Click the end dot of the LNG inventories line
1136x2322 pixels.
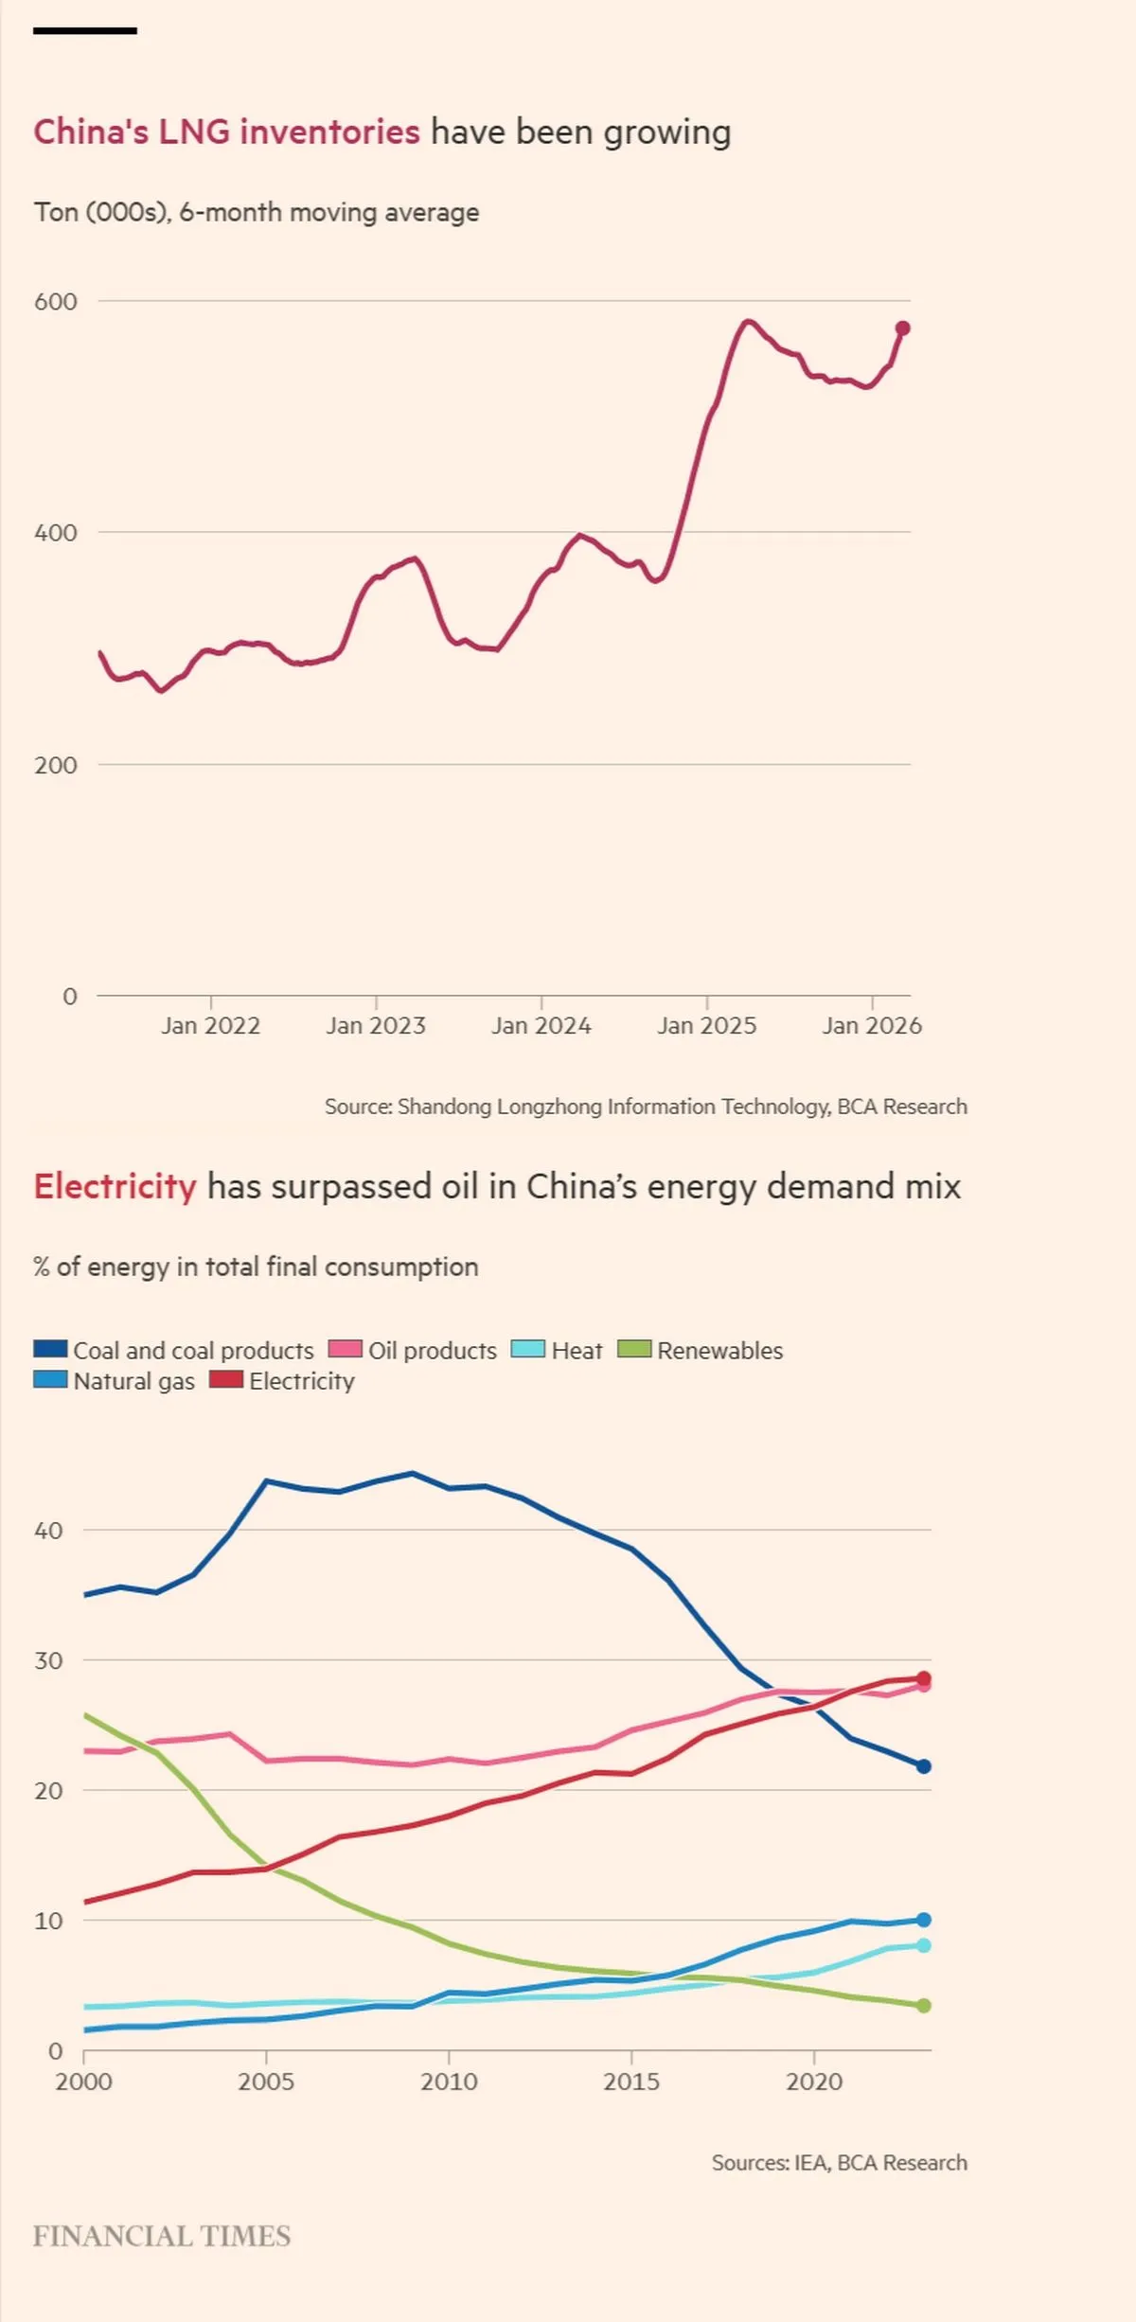click(x=902, y=328)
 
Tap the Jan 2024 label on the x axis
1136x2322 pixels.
click(x=541, y=1025)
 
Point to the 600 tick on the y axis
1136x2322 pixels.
click(x=56, y=302)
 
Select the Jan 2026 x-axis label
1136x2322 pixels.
click(x=872, y=1025)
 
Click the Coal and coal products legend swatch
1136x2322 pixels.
click(x=50, y=1349)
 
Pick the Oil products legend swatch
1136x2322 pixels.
click(x=346, y=1349)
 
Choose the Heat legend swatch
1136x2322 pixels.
click(x=528, y=1349)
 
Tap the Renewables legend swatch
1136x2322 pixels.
click(x=634, y=1349)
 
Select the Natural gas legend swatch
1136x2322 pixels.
click(x=50, y=1379)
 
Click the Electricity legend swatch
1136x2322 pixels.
click(x=226, y=1379)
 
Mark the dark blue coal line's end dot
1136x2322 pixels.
click(x=924, y=1766)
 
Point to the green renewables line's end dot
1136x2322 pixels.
click(x=924, y=2005)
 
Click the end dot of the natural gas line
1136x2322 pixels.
click(x=924, y=1920)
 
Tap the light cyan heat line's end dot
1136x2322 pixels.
click(x=924, y=1945)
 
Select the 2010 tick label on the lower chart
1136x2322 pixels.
click(x=449, y=2082)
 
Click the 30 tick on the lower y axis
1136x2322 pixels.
click(x=48, y=1660)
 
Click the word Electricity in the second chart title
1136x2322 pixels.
click(x=115, y=1187)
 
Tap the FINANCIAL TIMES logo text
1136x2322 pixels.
click(x=162, y=2236)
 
